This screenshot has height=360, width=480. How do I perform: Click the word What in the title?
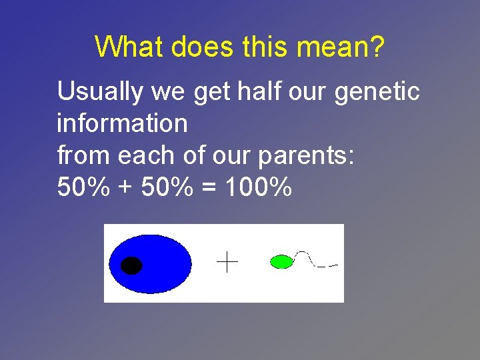tap(129, 47)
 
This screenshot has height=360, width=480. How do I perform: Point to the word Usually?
tap(100, 92)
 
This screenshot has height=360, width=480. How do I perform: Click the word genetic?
tap(377, 92)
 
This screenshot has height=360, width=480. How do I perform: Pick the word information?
tap(122, 123)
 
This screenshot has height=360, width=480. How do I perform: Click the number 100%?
tap(259, 187)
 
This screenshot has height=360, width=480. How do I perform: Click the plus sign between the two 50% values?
tap(125, 189)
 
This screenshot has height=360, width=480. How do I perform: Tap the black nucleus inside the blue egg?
tap(132, 265)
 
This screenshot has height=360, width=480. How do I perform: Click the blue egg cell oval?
tap(160, 263)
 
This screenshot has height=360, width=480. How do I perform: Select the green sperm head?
tap(281, 261)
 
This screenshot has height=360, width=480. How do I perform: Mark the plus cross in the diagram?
tap(227, 262)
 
